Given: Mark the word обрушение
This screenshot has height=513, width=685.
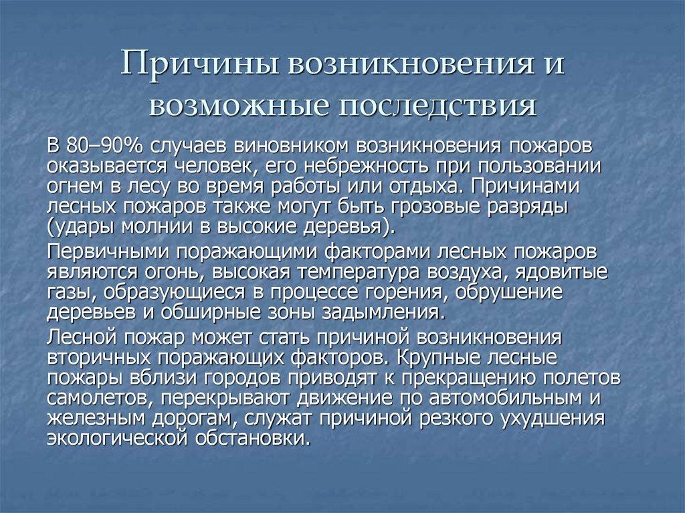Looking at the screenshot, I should pyautogui.click(x=514, y=293).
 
